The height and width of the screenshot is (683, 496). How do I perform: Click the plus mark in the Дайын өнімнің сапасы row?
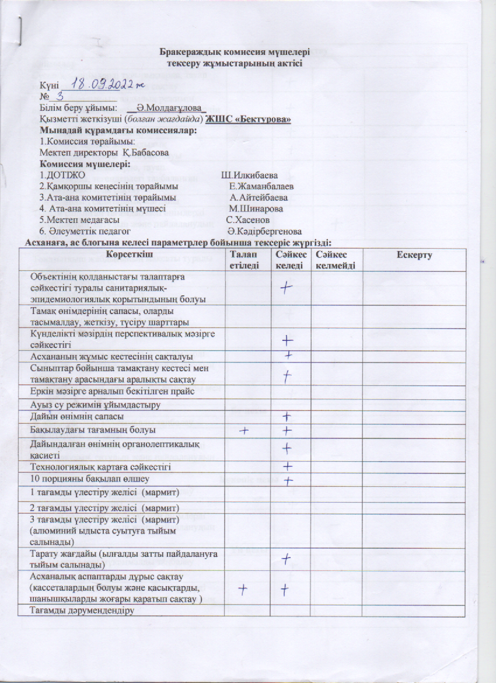287,416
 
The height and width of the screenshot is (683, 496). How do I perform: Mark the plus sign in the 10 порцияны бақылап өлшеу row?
288,480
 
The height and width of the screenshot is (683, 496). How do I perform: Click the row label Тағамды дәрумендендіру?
82,611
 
